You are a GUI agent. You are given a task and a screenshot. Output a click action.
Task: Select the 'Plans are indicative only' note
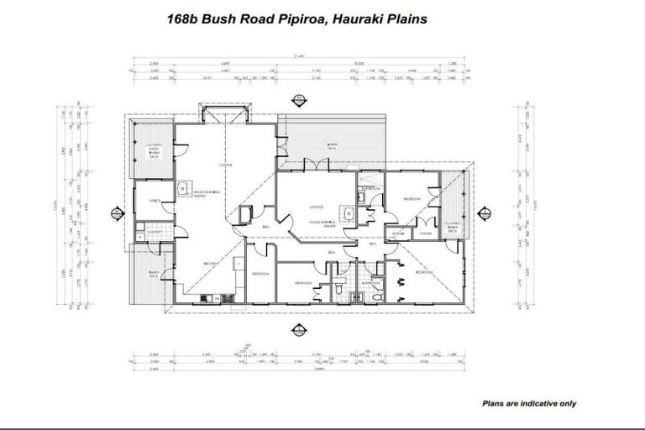click(529, 403)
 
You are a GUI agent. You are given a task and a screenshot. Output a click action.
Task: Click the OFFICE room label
click(155, 202)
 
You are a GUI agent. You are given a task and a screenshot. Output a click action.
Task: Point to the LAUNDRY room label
click(154, 231)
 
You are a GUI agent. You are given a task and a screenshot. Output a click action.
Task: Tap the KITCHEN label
click(211, 263)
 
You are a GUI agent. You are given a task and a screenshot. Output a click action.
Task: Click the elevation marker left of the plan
click(113, 212)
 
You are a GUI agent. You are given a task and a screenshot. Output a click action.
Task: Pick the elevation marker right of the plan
click(486, 212)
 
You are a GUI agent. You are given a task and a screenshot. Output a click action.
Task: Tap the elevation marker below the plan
click(295, 330)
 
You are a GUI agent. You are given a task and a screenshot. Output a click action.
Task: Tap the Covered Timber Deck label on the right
click(454, 202)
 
